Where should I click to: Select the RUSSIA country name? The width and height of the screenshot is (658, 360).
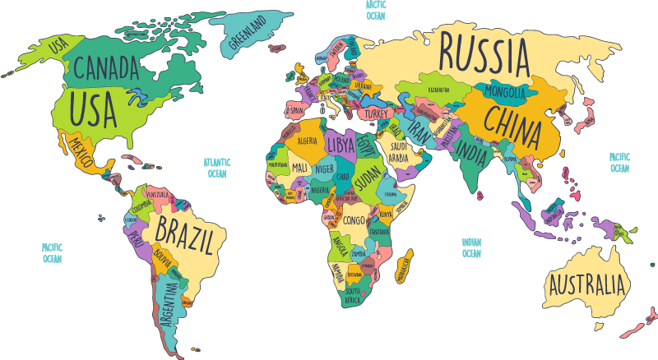point(484,51)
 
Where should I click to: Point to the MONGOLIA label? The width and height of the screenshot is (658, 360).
point(505,90)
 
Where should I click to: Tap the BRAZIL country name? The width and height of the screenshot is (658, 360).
point(187,235)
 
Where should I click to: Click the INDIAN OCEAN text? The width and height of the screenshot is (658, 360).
point(471,247)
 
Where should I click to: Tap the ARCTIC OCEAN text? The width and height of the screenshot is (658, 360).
point(375,10)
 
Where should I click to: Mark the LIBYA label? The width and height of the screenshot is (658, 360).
point(341,143)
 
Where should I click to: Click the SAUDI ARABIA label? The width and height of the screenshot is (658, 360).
point(398,152)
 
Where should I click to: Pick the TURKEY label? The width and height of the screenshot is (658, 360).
point(377,113)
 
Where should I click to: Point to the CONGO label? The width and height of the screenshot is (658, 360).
point(354,220)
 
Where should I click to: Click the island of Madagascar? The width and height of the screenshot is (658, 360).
point(403,268)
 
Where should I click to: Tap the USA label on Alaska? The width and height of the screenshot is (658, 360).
point(58,47)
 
